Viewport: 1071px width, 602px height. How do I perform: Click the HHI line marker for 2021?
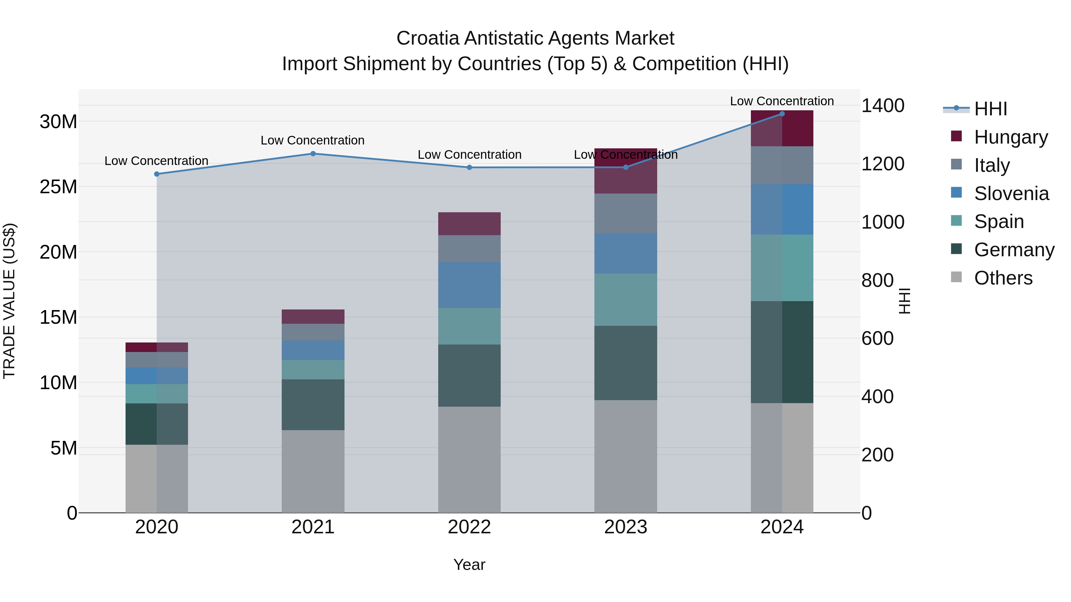coord(313,154)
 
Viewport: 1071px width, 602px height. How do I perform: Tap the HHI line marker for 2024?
coord(782,114)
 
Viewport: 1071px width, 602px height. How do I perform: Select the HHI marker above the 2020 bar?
coord(157,174)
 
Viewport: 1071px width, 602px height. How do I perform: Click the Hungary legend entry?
coord(1010,137)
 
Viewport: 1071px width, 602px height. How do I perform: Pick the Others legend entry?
coord(1003,278)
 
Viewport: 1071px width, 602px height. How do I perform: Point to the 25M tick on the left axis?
coord(58,186)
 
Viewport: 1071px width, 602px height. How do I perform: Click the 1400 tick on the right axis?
coord(882,106)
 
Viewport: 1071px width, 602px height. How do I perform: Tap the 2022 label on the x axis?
coord(469,527)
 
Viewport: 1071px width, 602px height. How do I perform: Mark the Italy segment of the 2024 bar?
coord(782,165)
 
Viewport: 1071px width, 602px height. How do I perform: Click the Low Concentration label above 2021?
coord(312,140)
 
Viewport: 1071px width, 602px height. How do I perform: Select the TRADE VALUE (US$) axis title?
coord(10,301)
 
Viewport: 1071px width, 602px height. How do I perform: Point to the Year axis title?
coord(469,565)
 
